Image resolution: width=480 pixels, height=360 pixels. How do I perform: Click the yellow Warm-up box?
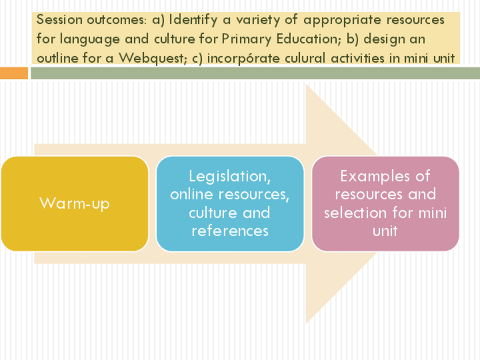point(74,203)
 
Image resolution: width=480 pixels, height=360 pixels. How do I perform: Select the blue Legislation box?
point(230,203)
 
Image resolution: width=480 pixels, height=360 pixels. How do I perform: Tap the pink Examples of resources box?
point(385,203)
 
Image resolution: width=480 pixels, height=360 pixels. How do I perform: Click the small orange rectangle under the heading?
point(14,74)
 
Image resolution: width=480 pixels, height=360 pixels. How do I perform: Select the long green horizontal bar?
point(255,74)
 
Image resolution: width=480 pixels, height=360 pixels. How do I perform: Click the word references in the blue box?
point(230,231)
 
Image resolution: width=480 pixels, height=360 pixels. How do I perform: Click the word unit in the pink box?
point(385,231)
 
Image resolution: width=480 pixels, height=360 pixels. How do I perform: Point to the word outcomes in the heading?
point(117,20)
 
